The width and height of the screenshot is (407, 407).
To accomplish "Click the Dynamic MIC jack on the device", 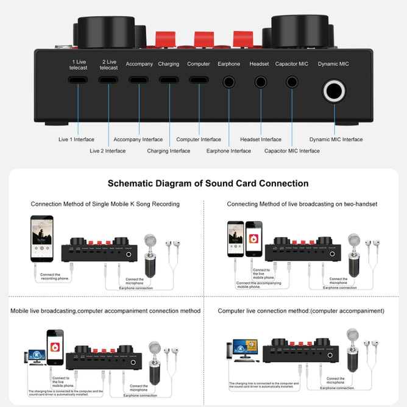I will (x=334, y=93).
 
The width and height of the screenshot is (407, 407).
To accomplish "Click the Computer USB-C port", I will (x=199, y=80).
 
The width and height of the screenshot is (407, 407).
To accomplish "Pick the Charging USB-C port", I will (x=169, y=80).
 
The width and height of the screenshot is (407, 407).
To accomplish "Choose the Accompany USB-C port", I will (x=139, y=80).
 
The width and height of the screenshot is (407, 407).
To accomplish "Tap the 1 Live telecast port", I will (x=78, y=80).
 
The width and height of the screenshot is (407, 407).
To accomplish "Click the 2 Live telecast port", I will (x=108, y=80).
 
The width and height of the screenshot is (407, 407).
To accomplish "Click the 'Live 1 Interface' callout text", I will (x=76, y=140).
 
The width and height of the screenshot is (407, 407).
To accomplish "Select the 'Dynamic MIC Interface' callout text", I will (x=336, y=140).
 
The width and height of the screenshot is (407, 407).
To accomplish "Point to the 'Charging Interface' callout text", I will (x=169, y=151).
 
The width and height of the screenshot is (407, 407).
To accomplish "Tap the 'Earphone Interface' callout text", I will (x=228, y=151).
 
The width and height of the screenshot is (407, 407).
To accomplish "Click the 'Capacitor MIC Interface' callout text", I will (x=292, y=151).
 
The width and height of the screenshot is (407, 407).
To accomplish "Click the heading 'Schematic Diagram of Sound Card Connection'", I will (x=208, y=183).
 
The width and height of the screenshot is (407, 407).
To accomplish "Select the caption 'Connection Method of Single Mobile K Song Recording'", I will (x=105, y=204).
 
